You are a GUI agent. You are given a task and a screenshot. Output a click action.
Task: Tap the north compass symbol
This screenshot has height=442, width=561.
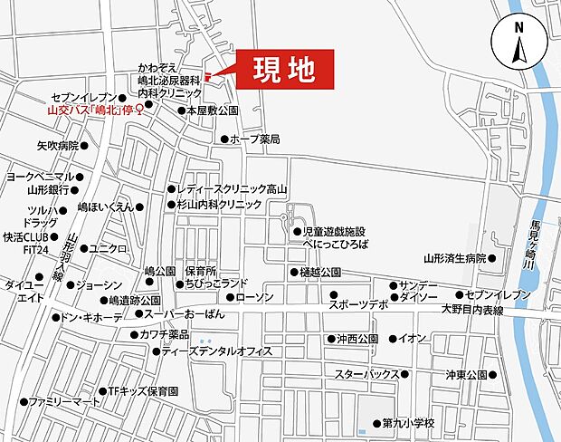(x=519, y=43)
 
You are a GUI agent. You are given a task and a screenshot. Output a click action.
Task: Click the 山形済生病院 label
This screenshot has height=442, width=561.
(x=455, y=258)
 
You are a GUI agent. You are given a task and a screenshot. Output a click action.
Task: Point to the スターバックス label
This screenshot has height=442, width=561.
(x=366, y=374)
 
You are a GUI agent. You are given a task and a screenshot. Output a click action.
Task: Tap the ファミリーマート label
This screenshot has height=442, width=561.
(x=63, y=400)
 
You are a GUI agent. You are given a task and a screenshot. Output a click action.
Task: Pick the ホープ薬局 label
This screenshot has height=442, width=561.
(x=255, y=139)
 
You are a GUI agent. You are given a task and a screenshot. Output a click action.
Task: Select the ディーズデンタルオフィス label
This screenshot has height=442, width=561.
(x=218, y=351)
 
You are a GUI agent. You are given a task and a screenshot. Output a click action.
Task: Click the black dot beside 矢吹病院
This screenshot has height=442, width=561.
(x=84, y=144)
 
